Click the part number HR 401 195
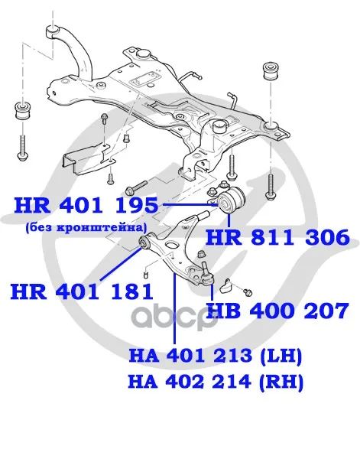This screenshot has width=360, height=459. [x=86, y=205]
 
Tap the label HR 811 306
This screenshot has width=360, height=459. [x=277, y=237]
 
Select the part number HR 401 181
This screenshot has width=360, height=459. [x=82, y=291]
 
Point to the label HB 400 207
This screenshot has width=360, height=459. [x=277, y=311]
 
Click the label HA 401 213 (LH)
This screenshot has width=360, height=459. [x=216, y=356]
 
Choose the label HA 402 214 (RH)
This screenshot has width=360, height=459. [x=216, y=382]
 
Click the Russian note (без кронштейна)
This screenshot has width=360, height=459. [x=85, y=227]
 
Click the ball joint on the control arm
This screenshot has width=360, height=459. [x=207, y=275]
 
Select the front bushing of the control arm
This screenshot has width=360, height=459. [x=144, y=242]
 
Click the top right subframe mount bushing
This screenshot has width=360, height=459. [x=271, y=71]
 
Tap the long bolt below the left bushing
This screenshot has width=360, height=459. [x=23, y=147]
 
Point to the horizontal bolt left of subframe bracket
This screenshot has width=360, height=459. [x=136, y=187]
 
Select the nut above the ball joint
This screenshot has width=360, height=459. [x=201, y=254]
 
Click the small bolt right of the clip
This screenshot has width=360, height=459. [x=248, y=291]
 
